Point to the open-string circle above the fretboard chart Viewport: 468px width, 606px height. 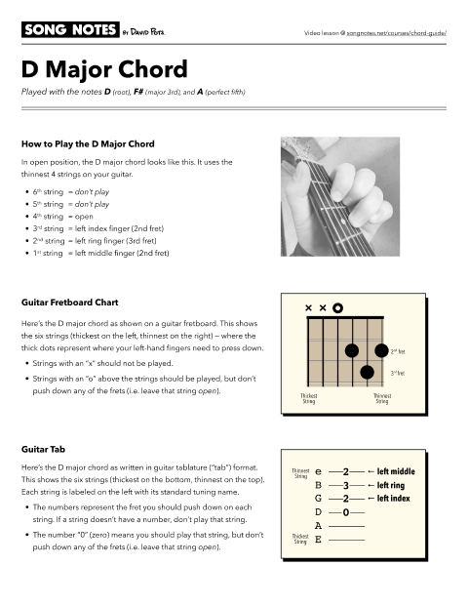(336, 308)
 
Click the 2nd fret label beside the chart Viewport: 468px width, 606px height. (398, 351)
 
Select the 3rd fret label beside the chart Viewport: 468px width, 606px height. (398, 373)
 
